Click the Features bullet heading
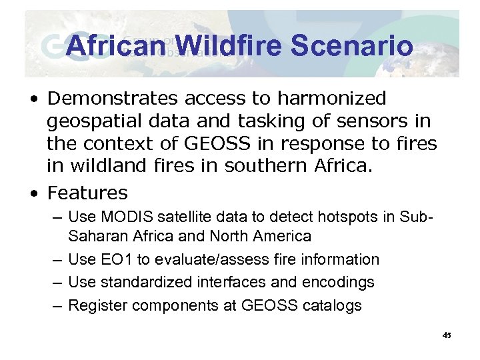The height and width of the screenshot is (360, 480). pyautogui.click(x=87, y=193)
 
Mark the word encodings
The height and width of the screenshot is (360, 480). pyautogui.click(x=339, y=283)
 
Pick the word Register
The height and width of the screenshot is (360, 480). pyautogui.click(x=97, y=306)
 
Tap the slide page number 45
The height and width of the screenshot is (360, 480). pyautogui.click(x=446, y=335)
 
